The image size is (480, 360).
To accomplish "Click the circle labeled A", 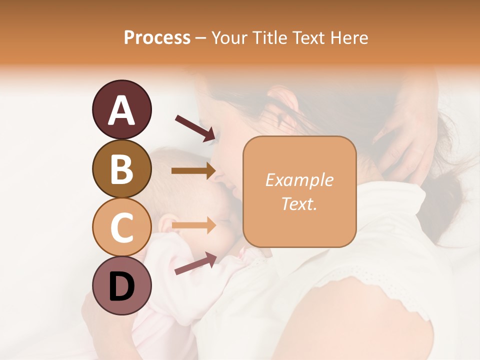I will point(121,109).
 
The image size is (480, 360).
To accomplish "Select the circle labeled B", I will point(121,168).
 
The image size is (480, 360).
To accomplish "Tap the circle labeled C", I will point(121,227).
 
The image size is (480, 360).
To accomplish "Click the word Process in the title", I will point(157,37).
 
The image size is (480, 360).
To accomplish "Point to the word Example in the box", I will point(299,180).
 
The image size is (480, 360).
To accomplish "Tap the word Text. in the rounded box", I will point(299,203).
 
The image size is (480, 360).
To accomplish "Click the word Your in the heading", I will point(228,37).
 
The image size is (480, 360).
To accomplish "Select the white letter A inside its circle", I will point(121,110).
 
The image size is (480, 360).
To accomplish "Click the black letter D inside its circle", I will point(121,287).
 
